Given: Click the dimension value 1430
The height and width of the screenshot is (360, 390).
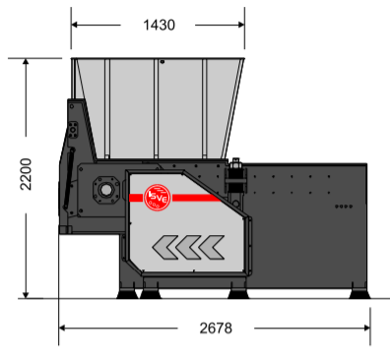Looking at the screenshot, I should (x=158, y=25).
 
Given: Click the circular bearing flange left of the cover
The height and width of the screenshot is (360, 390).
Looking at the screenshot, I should (x=102, y=188).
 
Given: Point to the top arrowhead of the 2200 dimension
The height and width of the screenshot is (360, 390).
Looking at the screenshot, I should (x=26, y=62).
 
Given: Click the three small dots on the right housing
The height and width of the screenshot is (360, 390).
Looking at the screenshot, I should (x=343, y=207).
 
